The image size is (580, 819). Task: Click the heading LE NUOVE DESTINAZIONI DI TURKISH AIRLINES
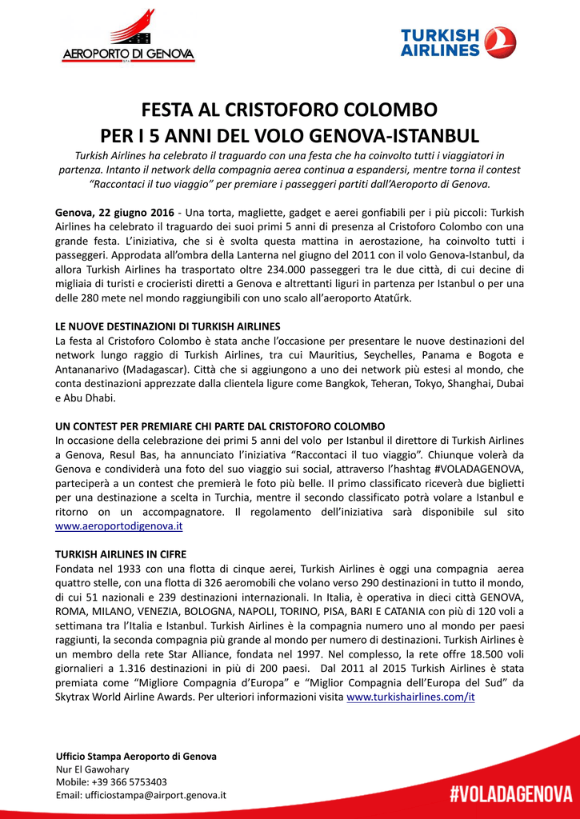pos(167,326)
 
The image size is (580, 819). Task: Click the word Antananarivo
pos(87,370)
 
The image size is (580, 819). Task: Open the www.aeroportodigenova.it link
pos(119,526)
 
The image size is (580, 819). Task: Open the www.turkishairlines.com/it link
pos(410,697)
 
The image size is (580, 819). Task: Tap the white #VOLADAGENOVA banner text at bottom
pos(510,794)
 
